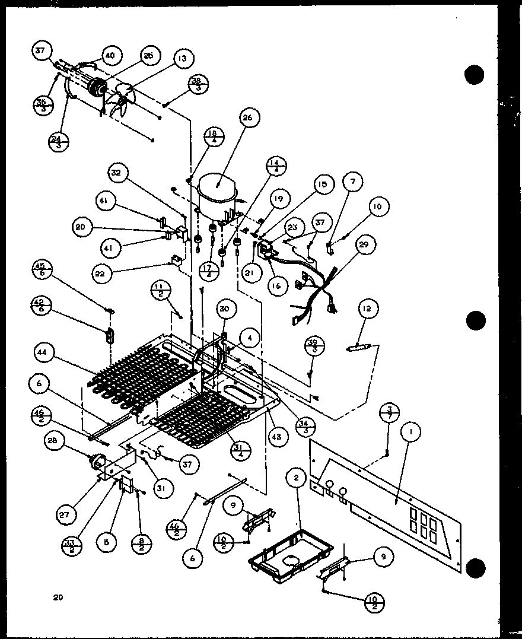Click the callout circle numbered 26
(x=247, y=118)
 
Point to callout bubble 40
(x=110, y=55)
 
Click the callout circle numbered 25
(x=148, y=55)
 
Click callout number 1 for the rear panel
(x=409, y=433)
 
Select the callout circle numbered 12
(x=368, y=308)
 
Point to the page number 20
(x=57, y=597)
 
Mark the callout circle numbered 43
(x=278, y=437)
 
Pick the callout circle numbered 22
(x=102, y=273)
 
